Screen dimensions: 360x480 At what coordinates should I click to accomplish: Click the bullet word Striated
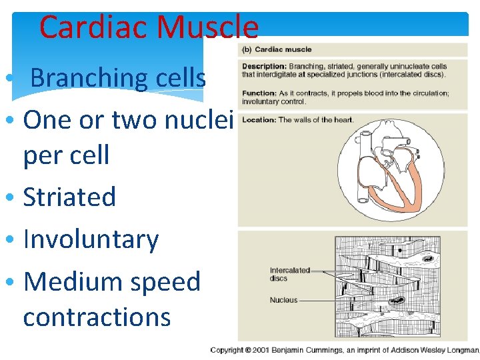[69, 197]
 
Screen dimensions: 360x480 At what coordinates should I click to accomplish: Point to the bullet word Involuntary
[91, 239]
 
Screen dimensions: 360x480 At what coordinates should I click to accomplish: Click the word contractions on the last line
[97, 317]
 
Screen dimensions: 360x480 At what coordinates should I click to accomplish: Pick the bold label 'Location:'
[258, 120]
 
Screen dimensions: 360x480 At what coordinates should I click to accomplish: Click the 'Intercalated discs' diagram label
[289, 274]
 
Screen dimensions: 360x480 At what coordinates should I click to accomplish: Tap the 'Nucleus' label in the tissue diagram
[283, 300]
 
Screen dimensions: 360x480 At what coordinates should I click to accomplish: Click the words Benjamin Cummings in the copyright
[304, 350]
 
